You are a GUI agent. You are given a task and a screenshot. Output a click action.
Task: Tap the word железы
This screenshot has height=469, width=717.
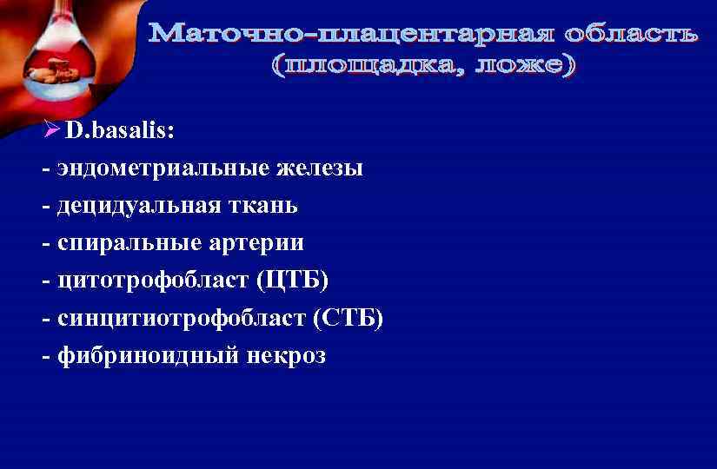(x=320, y=168)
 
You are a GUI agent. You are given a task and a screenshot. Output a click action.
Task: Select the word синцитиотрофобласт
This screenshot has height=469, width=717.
(x=176, y=318)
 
